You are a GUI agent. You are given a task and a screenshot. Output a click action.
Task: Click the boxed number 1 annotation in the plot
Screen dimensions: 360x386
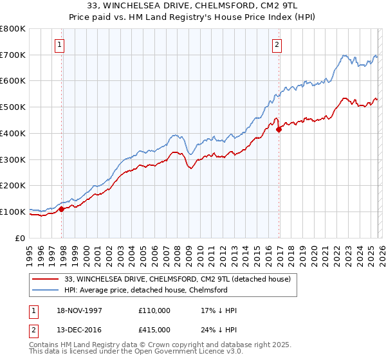[x=59, y=44]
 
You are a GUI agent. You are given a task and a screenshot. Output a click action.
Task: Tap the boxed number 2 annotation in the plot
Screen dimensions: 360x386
[x=276, y=44]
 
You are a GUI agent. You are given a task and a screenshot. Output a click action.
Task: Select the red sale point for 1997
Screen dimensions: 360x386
[x=62, y=209]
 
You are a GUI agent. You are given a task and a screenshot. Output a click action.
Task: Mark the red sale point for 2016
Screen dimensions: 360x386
[x=279, y=129]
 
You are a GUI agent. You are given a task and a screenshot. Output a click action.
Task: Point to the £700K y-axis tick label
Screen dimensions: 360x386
[x=13, y=55]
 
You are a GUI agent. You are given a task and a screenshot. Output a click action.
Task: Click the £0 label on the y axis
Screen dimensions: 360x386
[x=20, y=237]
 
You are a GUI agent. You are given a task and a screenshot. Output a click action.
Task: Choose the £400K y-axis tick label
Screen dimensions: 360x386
[x=13, y=133]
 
